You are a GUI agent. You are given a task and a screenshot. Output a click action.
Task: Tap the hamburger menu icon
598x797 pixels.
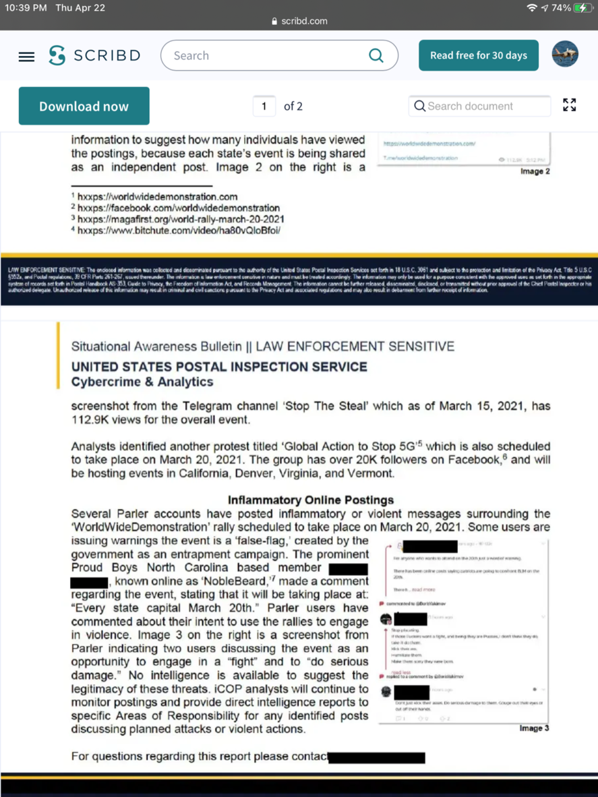[26, 57]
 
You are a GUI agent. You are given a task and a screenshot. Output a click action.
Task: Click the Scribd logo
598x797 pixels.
[94, 56]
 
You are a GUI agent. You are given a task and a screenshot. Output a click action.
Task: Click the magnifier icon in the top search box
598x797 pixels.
[376, 56]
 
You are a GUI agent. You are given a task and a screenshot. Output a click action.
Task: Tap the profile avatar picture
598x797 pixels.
[565, 55]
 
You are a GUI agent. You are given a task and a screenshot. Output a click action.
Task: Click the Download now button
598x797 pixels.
[84, 106]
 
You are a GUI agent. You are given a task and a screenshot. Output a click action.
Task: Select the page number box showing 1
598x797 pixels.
[264, 106]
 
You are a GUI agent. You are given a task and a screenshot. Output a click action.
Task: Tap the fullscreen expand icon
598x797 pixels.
[570, 105]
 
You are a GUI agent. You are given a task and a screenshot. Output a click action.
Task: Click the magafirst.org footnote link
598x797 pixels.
[181, 219]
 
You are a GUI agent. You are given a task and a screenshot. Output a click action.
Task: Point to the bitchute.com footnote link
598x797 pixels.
[178, 231]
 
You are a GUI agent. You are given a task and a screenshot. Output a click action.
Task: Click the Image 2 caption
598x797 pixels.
[535, 171]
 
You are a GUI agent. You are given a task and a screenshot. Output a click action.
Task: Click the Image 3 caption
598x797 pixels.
[534, 728]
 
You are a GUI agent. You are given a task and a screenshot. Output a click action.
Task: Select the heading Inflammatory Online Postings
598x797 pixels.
[311, 500]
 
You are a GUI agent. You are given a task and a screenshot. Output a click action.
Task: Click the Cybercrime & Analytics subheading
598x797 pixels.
[142, 382]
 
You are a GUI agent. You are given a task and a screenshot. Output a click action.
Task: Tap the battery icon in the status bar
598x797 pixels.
[581, 8]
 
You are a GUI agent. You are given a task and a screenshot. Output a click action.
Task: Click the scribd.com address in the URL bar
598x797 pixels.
[304, 21]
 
